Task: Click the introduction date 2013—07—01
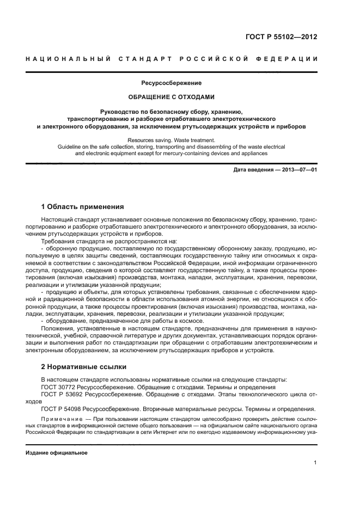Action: (298, 170)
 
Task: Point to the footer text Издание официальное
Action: (56, 453)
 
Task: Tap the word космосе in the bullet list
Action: (176, 321)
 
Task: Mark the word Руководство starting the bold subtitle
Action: (128, 111)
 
